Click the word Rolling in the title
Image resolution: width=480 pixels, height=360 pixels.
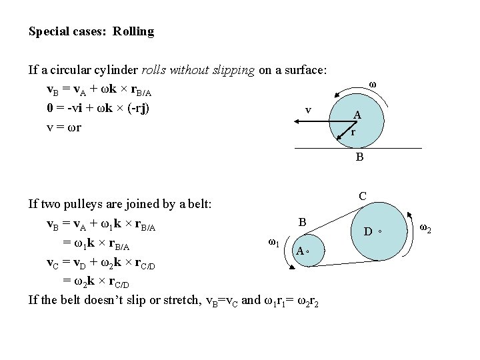(133, 31)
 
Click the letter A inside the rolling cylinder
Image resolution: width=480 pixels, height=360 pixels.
(357, 115)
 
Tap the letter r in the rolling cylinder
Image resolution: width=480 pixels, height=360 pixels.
(353, 132)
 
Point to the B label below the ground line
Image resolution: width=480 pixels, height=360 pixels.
(359, 158)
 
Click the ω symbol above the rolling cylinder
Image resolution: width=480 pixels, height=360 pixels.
(372, 85)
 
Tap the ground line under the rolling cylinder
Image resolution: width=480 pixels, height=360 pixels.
(393, 147)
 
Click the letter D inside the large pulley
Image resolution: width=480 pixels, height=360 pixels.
(367, 232)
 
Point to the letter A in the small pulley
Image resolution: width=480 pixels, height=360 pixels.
(301, 251)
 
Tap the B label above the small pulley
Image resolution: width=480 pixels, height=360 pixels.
(302, 221)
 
